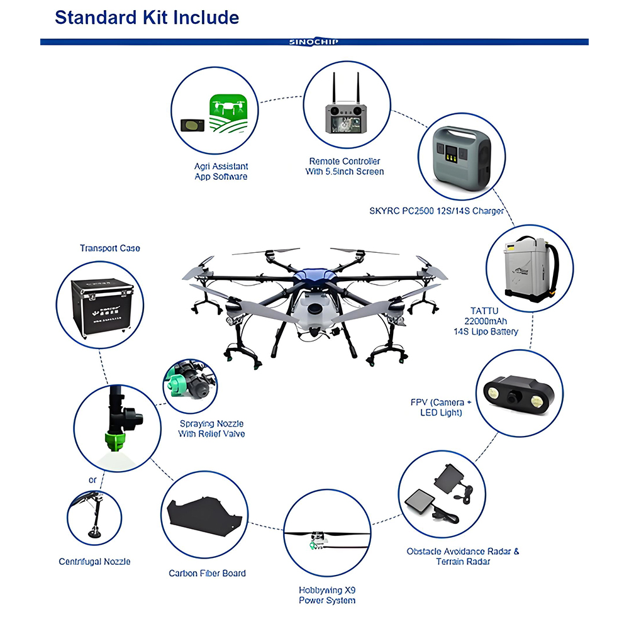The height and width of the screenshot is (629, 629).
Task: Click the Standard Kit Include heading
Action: [x=147, y=17]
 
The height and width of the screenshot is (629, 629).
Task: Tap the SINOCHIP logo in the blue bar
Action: [x=314, y=42]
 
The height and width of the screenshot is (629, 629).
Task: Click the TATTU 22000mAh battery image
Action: [x=529, y=269]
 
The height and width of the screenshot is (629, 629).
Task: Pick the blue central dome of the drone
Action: [x=313, y=274]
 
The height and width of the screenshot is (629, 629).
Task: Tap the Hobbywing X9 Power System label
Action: [x=327, y=596]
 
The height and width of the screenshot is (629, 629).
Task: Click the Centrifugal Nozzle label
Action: [x=94, y=561]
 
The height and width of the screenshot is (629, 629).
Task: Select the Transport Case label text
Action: [x=109, y=248]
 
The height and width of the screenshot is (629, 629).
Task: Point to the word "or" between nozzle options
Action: [x=92, y=480]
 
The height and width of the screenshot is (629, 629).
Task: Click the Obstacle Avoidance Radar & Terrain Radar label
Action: [x=462, y=556]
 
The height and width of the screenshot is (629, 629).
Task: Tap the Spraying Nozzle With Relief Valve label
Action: [x=211, y=428]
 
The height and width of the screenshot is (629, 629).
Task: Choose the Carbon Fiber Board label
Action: [x=207, y=573]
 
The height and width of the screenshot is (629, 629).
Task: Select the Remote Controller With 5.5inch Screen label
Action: [x=345, y=166]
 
